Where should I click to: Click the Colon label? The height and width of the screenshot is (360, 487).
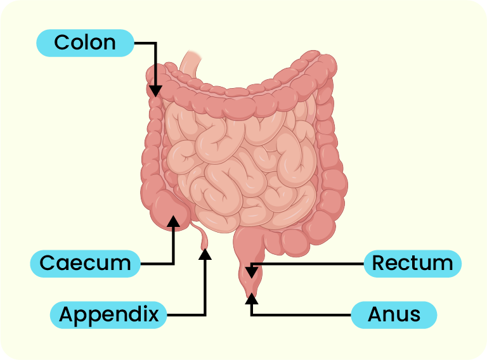85,42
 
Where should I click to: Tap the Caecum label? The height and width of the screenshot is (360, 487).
85,263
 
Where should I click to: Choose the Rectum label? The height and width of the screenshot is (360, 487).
412,263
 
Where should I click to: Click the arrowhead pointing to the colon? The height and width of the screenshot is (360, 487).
155,91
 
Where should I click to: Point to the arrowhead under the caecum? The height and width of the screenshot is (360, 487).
173,221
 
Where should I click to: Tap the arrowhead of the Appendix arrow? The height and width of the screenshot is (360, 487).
205,254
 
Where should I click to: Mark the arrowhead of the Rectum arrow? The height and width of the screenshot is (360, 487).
252,273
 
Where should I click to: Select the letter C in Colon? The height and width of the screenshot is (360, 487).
62,42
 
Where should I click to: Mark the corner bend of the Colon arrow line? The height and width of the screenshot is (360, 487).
155,43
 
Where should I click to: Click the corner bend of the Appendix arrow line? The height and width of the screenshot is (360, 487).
205,314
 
